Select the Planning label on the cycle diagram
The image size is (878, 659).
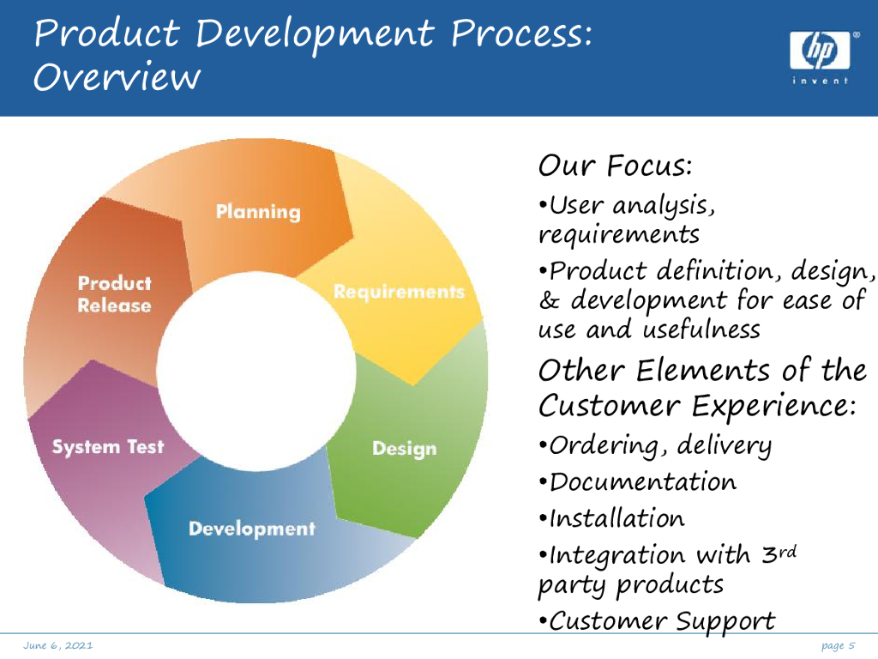(258, 211)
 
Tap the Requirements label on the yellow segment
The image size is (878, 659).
(399, 292)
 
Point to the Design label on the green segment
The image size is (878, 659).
(404, 449)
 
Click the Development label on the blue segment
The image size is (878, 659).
(252, 529)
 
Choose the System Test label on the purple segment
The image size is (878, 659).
(108, 447)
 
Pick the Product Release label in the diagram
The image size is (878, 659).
(114, 294)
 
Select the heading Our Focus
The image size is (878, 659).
(615, 164)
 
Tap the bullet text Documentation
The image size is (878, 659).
(642, 481)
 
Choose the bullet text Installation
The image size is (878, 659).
(616, 518)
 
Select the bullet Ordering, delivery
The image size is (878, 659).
(659, 445)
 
